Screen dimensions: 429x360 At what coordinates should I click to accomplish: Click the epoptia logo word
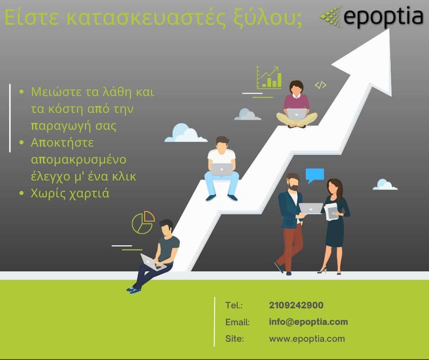tap(383, 17)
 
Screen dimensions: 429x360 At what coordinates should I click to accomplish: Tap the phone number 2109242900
tap(296, 305)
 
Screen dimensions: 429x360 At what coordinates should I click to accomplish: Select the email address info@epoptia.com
tap(309, 322)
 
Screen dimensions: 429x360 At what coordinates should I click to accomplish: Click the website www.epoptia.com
tap(307, 339)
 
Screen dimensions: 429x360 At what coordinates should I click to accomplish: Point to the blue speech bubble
tap(314, 175)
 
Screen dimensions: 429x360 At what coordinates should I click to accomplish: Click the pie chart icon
tap(143, 222)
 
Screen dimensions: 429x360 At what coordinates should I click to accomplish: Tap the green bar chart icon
tap(269, 78)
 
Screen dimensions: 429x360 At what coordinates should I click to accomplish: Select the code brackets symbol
tap(320, 85)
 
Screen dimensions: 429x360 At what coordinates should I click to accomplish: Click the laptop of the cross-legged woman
tap(297, 114)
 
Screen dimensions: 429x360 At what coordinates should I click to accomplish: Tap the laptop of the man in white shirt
tap(222, 169)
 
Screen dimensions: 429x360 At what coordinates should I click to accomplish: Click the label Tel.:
tap(234, 305)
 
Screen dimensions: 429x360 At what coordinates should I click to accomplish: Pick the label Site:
tap(235, 339)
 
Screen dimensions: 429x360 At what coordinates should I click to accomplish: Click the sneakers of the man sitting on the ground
tap(134, 289)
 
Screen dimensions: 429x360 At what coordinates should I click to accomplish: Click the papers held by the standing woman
tap(331, 211)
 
